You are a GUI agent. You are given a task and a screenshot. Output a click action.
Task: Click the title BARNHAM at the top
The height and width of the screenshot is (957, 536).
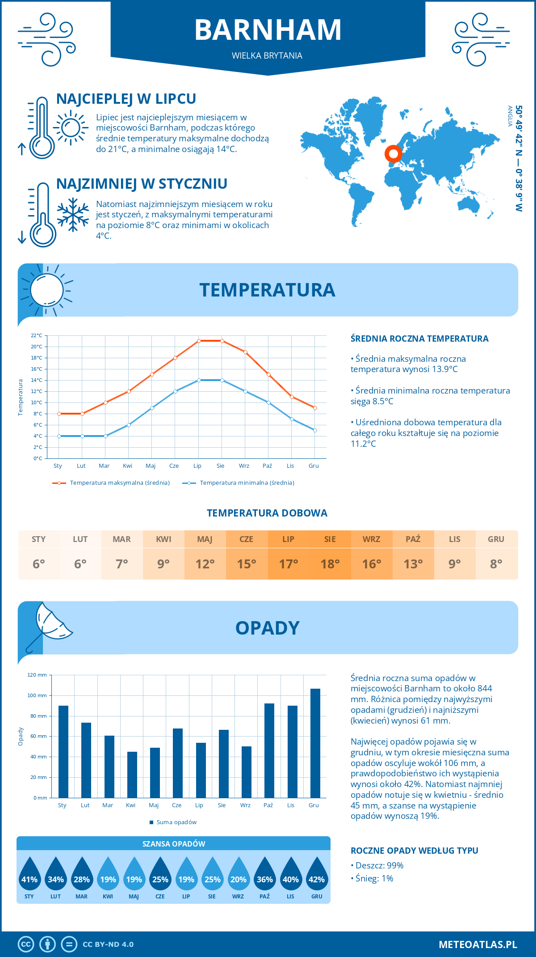coord(268,30)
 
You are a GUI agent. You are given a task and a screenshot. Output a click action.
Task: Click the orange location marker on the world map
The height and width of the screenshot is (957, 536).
coord(393,154)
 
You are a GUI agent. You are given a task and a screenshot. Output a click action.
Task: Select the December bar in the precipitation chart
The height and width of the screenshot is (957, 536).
coord(315,743)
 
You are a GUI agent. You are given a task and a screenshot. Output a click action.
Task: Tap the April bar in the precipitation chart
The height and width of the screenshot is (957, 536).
coord(132,775)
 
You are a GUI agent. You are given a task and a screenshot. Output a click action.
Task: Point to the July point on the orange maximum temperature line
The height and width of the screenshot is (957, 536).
coord(199,341)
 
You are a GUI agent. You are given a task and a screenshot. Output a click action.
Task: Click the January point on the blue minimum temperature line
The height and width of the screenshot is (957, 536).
coord(59,436)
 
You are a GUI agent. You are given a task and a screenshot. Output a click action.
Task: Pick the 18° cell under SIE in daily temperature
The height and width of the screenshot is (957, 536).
coord(330,564)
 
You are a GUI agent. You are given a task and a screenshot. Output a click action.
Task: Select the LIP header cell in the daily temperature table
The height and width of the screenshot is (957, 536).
coord(288,539)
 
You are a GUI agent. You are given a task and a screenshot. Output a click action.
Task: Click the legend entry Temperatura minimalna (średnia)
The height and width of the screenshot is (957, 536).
coord(247,483)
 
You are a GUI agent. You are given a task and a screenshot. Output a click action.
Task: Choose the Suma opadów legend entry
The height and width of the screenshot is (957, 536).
coord(176,822)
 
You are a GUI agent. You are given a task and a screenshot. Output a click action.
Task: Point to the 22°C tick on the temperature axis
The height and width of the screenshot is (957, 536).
coord(37,335)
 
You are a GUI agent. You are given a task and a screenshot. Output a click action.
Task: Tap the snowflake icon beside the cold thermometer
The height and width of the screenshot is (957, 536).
coord(73,215)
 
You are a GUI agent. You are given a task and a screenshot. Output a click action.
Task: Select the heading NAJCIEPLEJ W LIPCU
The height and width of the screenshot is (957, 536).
coord(126,99)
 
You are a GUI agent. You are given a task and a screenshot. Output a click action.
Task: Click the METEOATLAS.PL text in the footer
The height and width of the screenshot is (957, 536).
coord(477,944)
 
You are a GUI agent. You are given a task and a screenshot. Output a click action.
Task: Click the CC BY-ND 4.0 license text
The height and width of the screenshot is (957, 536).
coord(108,944)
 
